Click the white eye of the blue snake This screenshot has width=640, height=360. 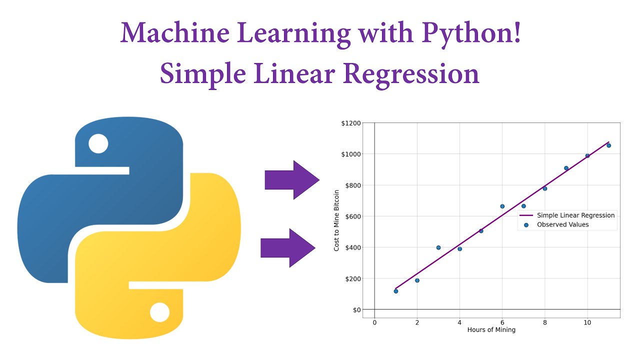[x=98, y=143]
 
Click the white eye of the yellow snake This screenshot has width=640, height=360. [x=160, y=312]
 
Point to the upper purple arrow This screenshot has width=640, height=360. [x=291, y=180]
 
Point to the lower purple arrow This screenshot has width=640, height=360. [x=287, y=247]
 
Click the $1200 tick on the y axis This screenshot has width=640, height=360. [x=350, y=123]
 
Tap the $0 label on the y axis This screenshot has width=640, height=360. [x=355, y=310]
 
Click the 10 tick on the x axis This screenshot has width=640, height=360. [x=587, y=322]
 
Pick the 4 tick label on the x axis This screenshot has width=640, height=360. [x=459, y=322]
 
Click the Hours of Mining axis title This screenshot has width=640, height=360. [x=491, y=330]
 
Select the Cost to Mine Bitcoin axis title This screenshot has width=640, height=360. [x=337, y=220]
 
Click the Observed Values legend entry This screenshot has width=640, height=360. [x=562, y=225]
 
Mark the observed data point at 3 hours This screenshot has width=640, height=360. [x=438, y=247]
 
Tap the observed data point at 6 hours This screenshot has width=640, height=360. [x=502, y=206]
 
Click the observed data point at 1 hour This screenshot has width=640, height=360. [x=396, y=291]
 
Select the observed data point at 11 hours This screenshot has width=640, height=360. [x=608, y=145]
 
